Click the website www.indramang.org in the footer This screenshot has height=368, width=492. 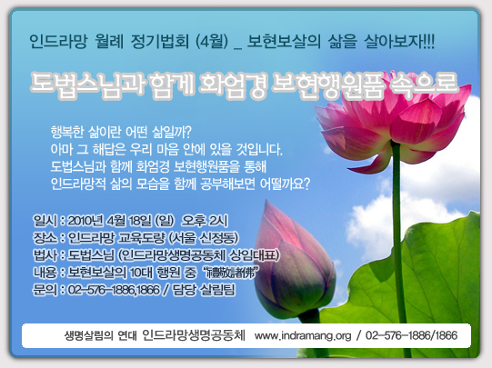tap(303, 336)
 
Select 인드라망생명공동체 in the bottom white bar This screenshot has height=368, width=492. tap(194, 336)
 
